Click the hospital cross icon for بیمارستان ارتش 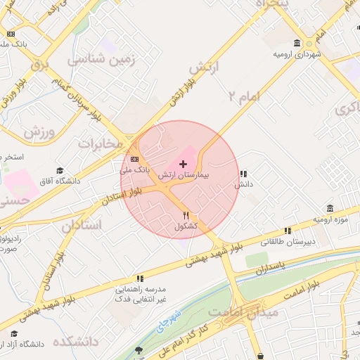[x=184, y=164]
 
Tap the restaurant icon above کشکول [x=186, y=216]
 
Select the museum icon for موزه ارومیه [x=330, y=208]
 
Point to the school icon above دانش [x=243, y=173]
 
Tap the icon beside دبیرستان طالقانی [x=288, y=231]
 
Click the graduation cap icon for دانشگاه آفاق [x=60, y=171]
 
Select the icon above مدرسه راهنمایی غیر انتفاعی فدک [x=140, y=278]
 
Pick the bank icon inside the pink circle [x=134, y=160]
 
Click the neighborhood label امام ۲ [x=244, y=96]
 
